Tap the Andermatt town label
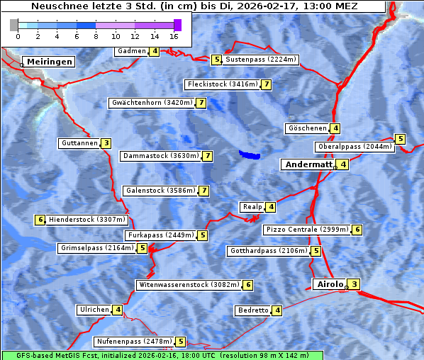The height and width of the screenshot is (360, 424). pyautogui.click(x=308, y=164)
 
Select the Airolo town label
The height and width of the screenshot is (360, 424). pyautogui.click(x=330, y=284)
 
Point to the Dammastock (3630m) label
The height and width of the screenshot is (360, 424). pyautogui.click(x=160, y=156)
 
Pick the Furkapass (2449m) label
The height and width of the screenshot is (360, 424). pyautogui.click(x=160, y=235)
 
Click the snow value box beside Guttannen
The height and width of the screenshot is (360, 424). pyautogui.click(x=106, y=143)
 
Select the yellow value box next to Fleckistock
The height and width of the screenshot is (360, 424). pyautogui.click(x=266, y=85)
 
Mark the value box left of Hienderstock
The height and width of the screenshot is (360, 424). pyautogui.click(x=40, y=220)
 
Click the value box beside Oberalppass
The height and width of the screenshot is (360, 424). pyautogui.click(x=400, y=139)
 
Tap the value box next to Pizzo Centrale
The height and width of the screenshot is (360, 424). pyautogui.click(x=357, y=230)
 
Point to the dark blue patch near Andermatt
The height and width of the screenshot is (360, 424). pyautogui.click(x=250, y=154)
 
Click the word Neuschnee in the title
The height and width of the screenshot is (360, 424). pyautogui.click(x=57, y=6)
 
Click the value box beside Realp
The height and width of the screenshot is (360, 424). pyautogui.click(x=271, y=207)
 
